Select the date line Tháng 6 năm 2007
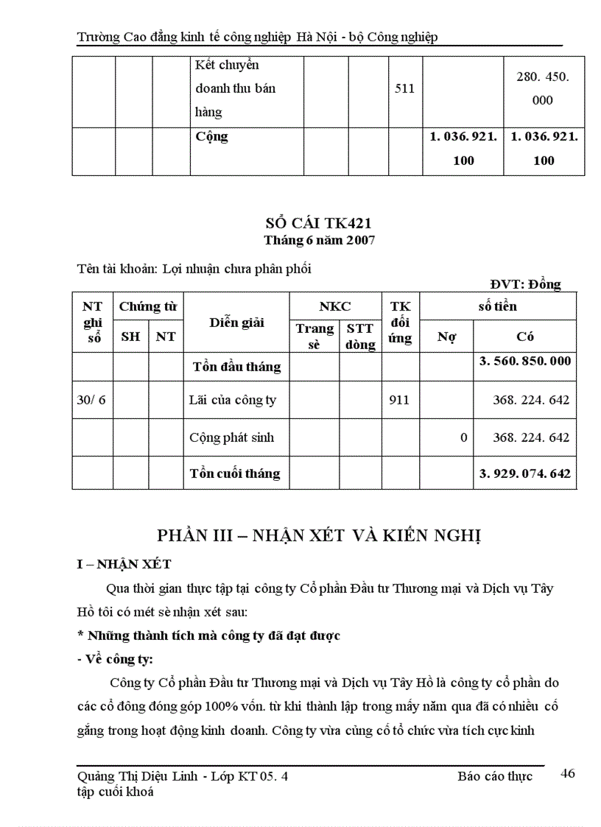320,241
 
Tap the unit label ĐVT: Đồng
525,284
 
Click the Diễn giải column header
236,322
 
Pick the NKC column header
334,306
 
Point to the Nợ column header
446,337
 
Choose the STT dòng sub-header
360,337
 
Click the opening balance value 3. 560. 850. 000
524,362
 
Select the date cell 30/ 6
91,401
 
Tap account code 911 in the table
400,401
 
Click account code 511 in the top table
405,88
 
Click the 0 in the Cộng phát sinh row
463,437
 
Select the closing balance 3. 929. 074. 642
524,474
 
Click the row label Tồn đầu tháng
236,367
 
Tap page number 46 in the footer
567,773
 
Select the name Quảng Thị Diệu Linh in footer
138,776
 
